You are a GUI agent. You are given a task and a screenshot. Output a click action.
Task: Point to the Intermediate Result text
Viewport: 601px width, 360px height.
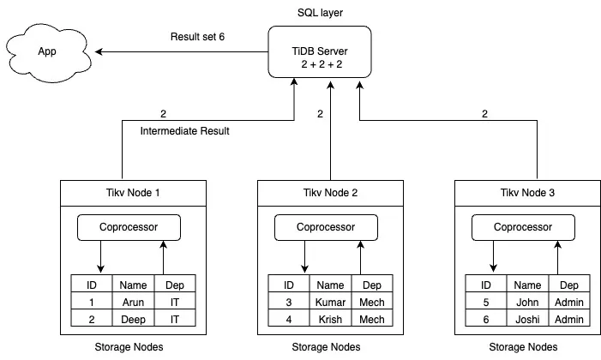coord(183,131)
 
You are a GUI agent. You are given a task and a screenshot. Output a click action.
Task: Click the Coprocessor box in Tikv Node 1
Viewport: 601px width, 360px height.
coord(129,227)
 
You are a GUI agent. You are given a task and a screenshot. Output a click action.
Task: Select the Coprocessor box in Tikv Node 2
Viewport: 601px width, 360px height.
coord(326,227)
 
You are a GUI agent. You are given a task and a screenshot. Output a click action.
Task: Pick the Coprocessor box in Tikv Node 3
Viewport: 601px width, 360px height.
coord(523,227)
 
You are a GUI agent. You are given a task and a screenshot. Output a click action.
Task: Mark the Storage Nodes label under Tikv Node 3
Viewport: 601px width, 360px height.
coord(523,347)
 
